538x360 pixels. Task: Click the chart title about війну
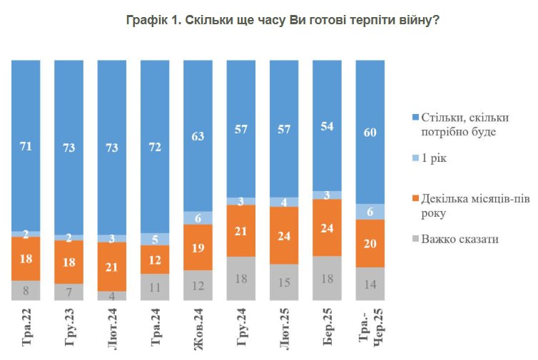click(283, 21)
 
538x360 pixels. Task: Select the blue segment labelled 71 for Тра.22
click(26, 145)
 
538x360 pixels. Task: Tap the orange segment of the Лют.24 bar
click(112, 266)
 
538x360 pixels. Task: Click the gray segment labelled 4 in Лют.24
click(112, 296)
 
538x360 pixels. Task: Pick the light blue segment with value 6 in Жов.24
click(198, 217)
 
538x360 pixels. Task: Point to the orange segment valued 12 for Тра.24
click(155, 259)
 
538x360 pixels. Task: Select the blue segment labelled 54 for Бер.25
click(328, 125)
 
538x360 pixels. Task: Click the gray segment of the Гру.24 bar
click(241, 279)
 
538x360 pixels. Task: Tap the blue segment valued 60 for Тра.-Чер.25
click(370, 132)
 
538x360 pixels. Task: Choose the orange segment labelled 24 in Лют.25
click(284, 235)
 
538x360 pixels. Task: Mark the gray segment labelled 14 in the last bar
click(370, 284)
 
